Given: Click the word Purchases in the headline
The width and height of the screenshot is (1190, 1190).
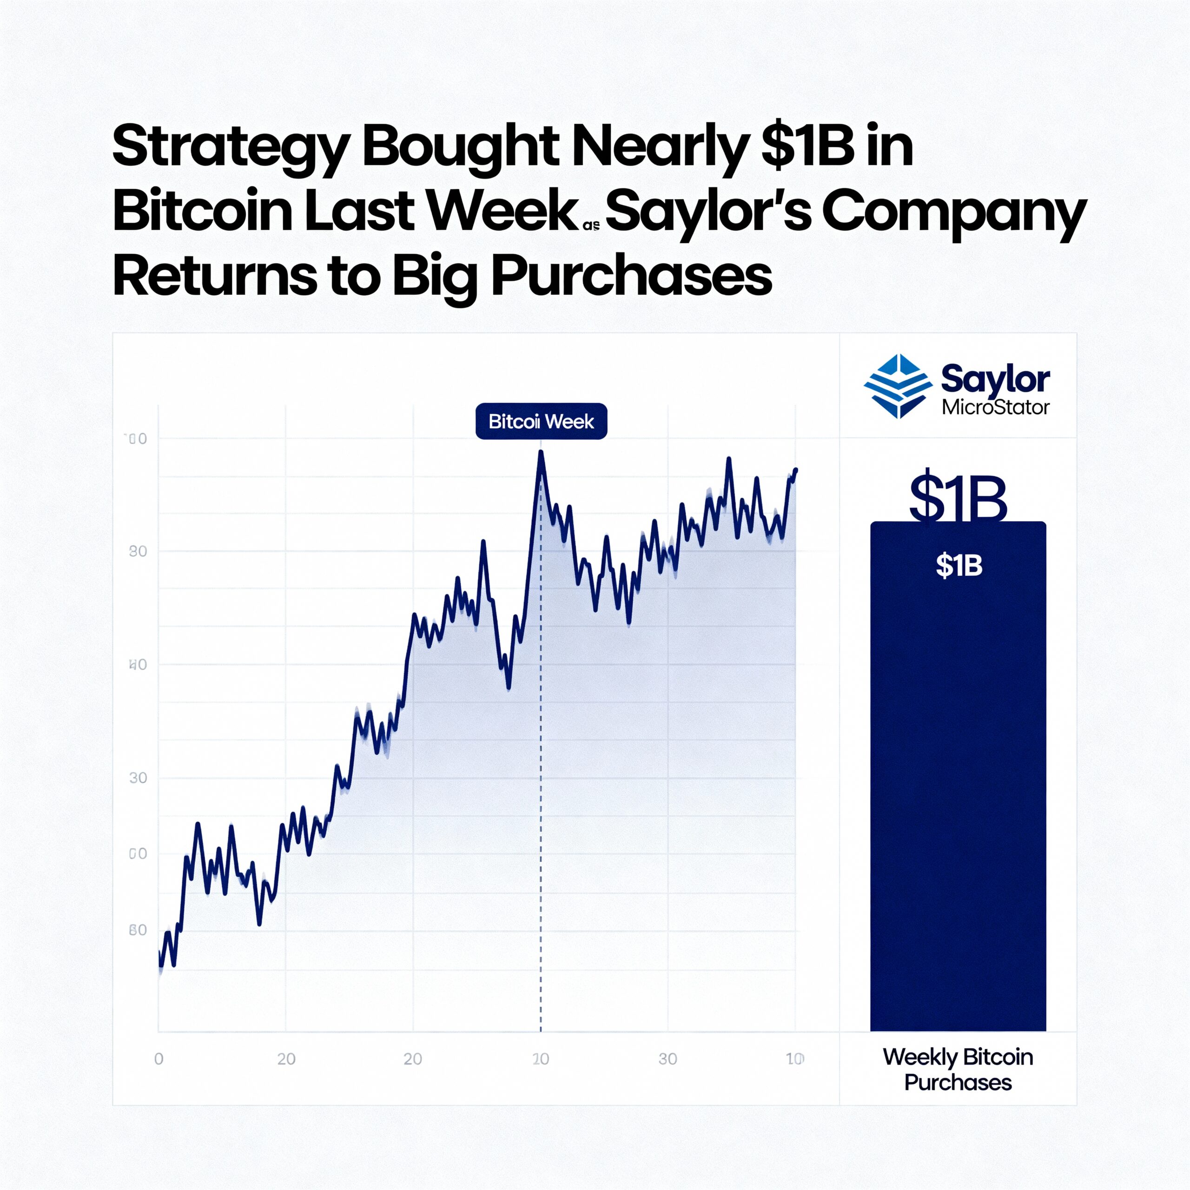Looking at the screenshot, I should [x=631, y=277].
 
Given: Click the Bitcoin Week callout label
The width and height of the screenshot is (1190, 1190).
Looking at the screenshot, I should [x=541, y=421].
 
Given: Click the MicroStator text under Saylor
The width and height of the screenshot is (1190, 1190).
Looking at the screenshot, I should [x=995, y=408].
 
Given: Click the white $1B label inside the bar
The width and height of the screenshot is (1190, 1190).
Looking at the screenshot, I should [x=959, y=565].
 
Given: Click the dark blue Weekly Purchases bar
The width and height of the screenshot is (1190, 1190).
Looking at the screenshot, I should [x=958, y=801].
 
